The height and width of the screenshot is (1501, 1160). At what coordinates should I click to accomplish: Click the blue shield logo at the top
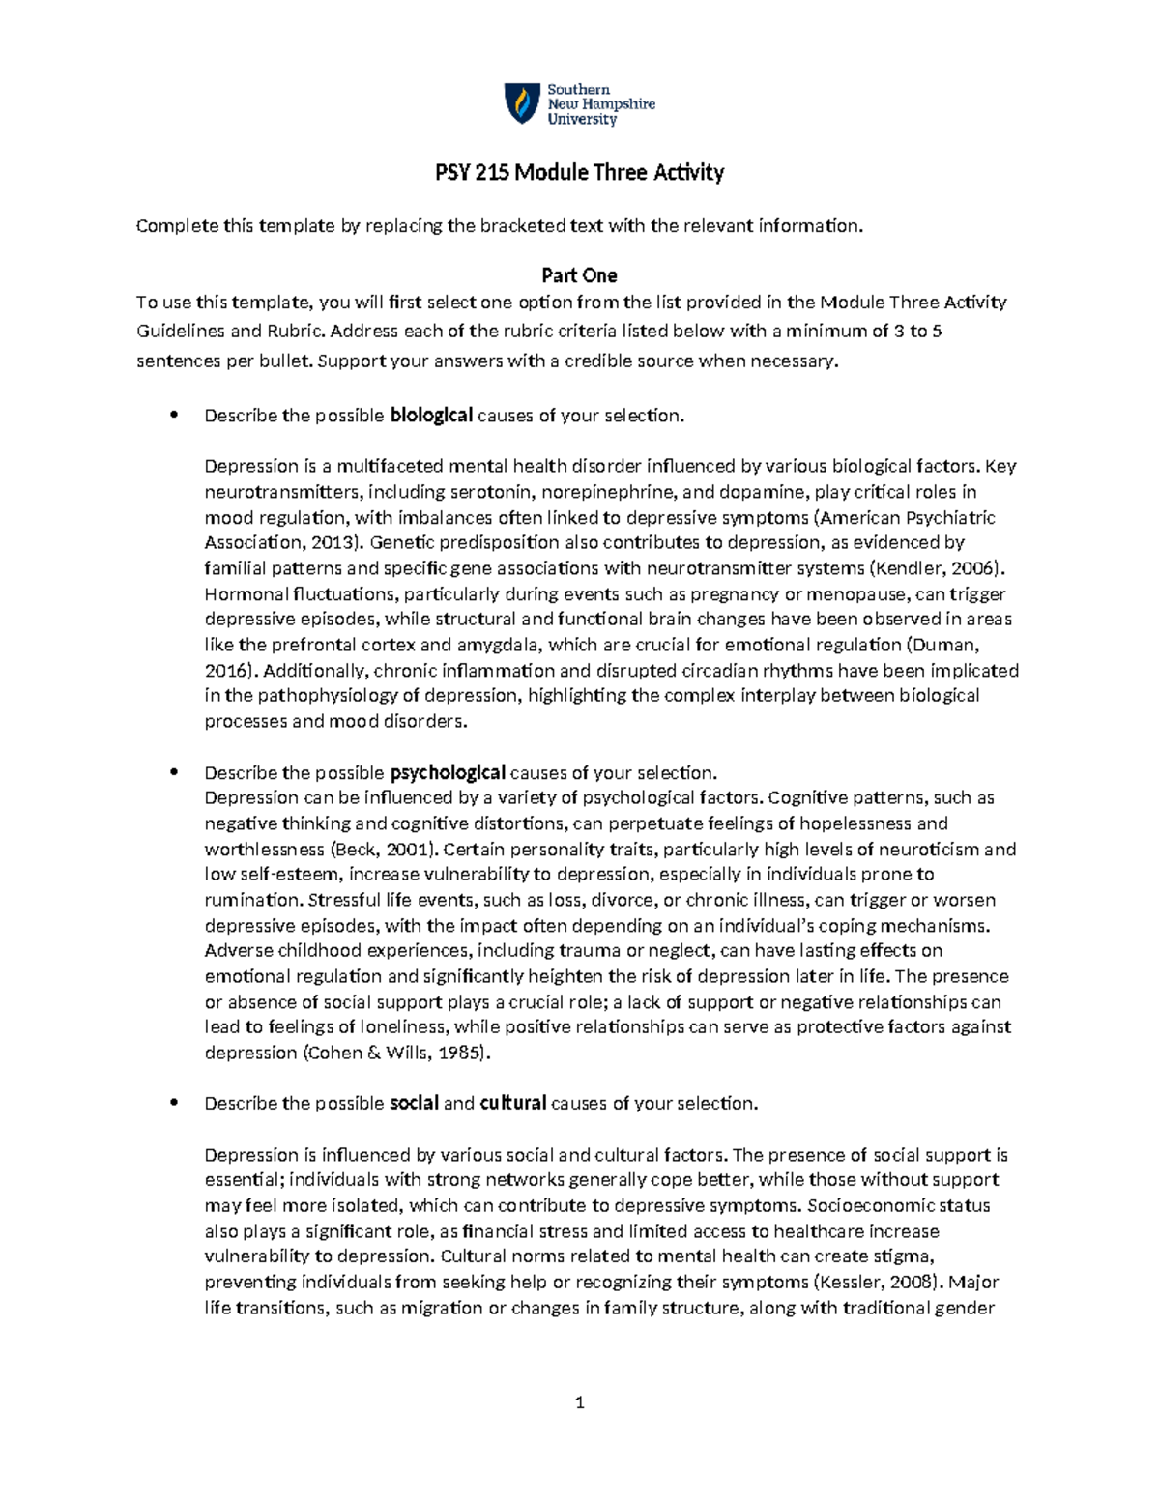[x=522, y=103]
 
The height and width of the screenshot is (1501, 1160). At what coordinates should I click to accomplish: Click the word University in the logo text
[x=582, y=120]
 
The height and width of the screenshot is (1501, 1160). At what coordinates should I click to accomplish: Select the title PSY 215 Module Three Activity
[x=579, y=173]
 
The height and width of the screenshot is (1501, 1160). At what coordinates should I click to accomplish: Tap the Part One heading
[x=579, y=275]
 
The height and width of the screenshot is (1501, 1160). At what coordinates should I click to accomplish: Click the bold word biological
[x=431, y=416]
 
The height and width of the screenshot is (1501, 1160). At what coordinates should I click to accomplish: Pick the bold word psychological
[x=448, y=773]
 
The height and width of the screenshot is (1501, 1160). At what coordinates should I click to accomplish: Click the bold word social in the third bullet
[x=414, y=1103]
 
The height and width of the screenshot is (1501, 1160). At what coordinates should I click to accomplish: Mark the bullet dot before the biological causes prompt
[x=174, y=416]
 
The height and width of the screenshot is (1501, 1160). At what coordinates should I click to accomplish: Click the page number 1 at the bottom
[x=579, y=1402]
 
